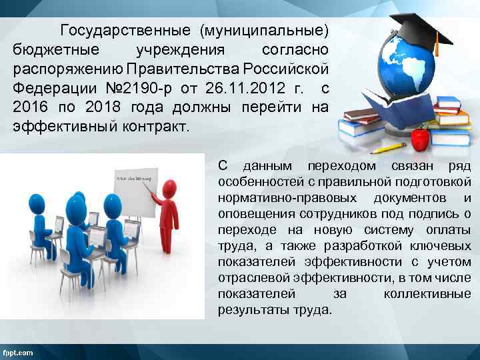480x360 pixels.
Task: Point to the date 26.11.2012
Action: [x=231, y=89]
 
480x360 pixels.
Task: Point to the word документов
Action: [x=411, y=198]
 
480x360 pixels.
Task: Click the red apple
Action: [x=420, y=138]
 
